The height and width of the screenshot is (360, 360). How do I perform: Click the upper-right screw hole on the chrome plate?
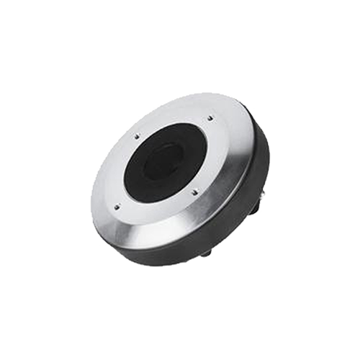click(x=210, y=118)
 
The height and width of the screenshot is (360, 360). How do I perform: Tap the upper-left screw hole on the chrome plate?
click(x=135, y=135)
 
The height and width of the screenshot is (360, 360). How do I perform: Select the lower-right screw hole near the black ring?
click(x=196, y=191)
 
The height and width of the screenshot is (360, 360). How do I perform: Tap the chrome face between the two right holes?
click(x=216, y=155)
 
